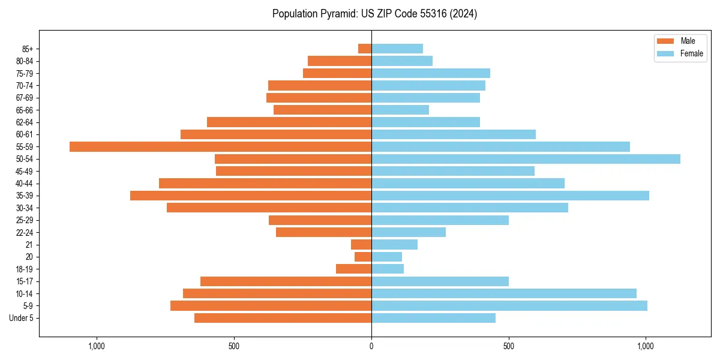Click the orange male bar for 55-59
click(220, 146)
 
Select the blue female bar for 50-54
click(526, 159)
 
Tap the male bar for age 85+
click(365, 49)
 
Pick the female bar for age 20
click(386, 257)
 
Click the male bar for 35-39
click(251, 196)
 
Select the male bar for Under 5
click(283, 318)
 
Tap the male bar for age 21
click(361, 245)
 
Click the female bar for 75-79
click(431, 73)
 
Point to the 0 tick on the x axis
click(371, 346)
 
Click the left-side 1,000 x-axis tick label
click(97, 346)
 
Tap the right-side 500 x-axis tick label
click(509, 346)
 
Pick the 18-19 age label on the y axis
click(25, 269)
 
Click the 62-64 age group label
click(25, 122)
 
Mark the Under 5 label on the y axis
click(22, 318)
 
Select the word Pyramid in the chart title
click(338, 14)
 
